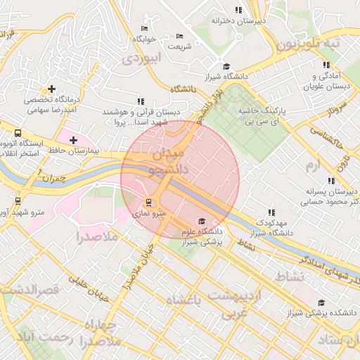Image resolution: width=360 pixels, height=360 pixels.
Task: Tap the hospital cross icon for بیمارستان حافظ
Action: pos(74,141)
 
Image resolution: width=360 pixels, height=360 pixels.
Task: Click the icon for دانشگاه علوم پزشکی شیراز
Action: pos(203,221)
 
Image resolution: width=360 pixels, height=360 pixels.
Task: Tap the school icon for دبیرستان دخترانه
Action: pos(238,10)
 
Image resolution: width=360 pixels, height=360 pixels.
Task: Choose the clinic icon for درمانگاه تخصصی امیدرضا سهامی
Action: pos(51,89)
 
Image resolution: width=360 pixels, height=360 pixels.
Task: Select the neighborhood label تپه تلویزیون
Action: pos(308,44)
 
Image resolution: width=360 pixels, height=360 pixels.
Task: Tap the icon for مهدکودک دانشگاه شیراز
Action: pos(271,212)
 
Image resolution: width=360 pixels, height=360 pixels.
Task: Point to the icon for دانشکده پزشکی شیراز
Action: pos(321,302)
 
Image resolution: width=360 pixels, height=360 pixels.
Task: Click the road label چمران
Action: pos(58,178)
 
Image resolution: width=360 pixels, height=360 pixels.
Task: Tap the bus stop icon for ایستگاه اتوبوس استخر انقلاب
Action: pos(18,133)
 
